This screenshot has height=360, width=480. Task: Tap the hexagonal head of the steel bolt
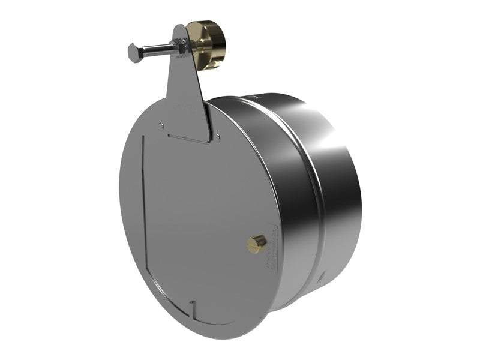(x=134, y=52)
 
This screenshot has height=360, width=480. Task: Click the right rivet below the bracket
(x=218, y=137)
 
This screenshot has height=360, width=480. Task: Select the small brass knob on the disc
(x=257, y=242)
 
